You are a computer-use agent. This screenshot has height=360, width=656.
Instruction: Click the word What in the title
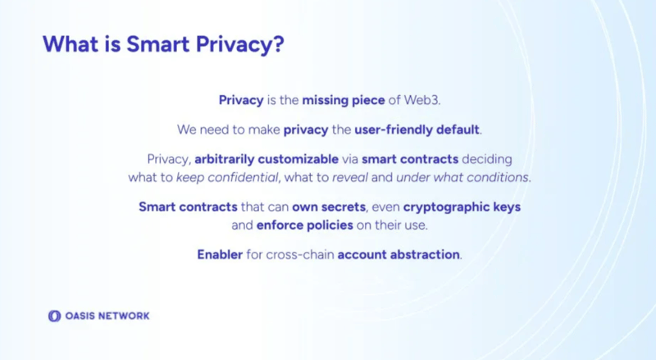[71, 44]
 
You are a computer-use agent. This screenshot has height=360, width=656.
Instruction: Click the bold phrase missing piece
[344, 101]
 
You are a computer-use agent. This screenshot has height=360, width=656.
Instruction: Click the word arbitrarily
[224, 159]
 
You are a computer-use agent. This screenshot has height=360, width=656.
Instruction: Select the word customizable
[298, 159]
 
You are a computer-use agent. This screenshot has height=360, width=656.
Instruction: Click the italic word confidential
[243, 177]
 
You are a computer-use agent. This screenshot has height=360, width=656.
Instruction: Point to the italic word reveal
[350, 178]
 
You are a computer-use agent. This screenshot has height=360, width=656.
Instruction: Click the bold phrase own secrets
[329, 207]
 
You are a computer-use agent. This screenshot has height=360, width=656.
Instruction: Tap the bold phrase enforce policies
[304, 226]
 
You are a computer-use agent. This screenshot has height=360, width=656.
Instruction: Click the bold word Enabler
[220, 254]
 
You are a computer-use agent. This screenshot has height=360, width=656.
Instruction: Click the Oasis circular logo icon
[54, 316]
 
